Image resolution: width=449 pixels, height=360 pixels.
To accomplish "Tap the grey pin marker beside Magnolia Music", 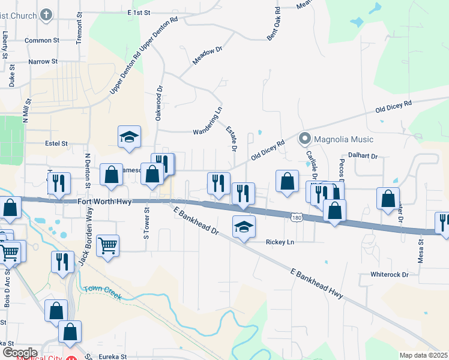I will click(x=304, y=139).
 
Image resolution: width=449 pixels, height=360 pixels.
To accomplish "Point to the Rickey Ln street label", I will click(x=280, y=242).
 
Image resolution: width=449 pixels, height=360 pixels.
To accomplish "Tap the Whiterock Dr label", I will click(x=389, y=274).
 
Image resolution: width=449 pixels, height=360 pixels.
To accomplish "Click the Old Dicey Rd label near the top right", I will click(x=394, y=107).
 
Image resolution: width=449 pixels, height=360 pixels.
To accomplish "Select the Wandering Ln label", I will click(x=208, y=122).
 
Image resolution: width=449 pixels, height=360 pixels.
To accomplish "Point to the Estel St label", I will click(x=57, y=144).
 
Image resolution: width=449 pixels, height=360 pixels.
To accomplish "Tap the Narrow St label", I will click(x=43, y=61).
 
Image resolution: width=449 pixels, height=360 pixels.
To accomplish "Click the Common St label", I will click(x=40, y=41).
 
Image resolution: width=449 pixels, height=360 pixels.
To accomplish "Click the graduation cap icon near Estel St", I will click(x=129, y=137).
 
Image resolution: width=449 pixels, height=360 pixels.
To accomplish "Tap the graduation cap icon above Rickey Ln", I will click(x=244, y=227).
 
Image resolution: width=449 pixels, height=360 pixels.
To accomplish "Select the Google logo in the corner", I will click(x=19, y=353).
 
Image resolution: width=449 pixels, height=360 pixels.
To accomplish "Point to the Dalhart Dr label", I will click(x=366, y=156).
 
